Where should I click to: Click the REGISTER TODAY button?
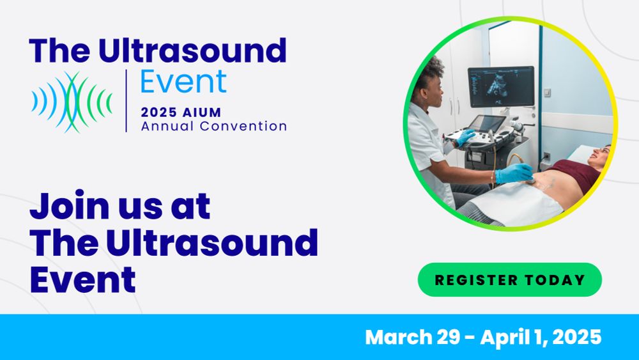(x=510, y=279)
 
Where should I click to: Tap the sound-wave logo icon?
(x=72, y=102)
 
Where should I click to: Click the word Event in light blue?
(x=183, y=82)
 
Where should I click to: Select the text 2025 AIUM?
(x=181, y=112)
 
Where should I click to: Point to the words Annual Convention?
(x=214, y=126)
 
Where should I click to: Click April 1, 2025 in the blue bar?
(x=541, y=338)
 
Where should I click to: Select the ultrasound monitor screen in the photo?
(x=501, y=87)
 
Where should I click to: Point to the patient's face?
(x=601, y=155)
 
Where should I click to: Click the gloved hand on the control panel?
(x=465, y=137)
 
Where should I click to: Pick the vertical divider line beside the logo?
(x=127, y=100)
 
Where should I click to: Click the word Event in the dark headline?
(x=82, y=279)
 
